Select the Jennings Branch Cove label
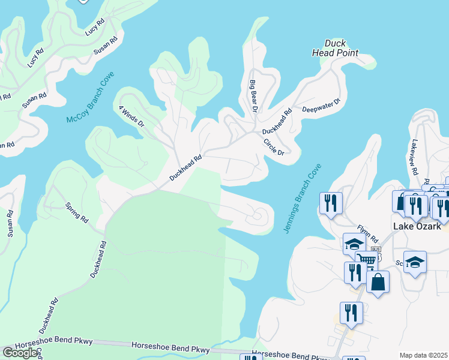pos(302,199)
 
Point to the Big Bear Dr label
pos(253,96)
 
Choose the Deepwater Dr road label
pos(321,106)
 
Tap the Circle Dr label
pos(273,148)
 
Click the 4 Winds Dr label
pos(132,116)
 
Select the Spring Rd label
pos(76,213)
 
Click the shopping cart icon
pos(367,259)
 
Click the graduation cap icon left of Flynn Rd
pos(354,243)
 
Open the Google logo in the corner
pos(20,353)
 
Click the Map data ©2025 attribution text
pos(423,355)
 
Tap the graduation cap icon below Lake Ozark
pos(415,262)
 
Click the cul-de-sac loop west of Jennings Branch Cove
pos(259,215)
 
